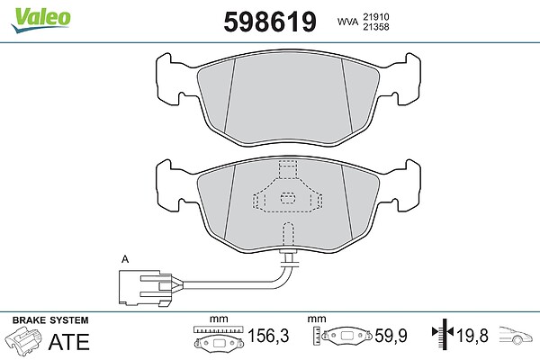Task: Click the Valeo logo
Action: pos(40,20)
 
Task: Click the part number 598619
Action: pos(270,22)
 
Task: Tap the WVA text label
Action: pos(347,22)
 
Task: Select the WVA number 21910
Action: pos(375,16)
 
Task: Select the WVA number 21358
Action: pos(375,27)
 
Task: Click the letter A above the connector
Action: pos(125,259)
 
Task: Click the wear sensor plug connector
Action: pos(145,288)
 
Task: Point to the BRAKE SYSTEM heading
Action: pos(50,320)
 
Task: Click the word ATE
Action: pos(69,342)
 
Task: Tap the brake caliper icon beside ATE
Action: pos(24,340)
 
